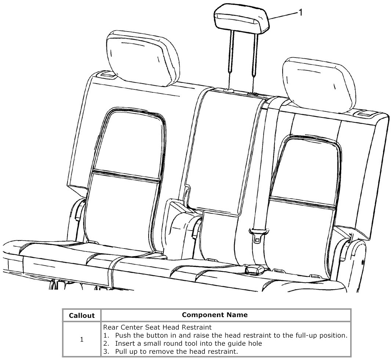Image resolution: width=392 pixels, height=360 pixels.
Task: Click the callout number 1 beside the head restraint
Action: pos(301,12)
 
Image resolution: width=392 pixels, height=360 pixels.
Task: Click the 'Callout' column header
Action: pos(81,315)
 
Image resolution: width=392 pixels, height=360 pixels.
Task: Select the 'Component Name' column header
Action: pos(215,315)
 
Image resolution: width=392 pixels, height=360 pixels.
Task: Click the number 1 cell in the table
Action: pos(81,339)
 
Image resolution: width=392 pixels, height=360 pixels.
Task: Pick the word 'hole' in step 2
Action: pos(254,344)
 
